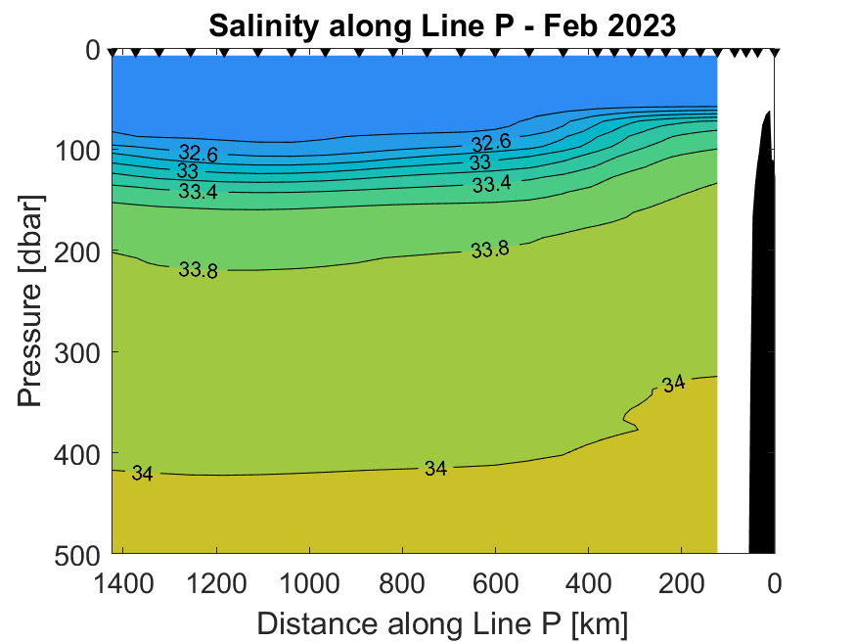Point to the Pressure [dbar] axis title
tap(30, 300)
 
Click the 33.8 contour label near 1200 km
tap(199, 270)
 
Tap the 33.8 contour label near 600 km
tap(490, 250)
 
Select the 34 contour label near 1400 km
tap(142, 475)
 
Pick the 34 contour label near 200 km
tap(673, 384)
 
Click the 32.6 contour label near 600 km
tap(490, 143)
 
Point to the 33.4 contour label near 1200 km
tap(199, 192)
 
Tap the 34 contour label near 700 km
tap(435, 469)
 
